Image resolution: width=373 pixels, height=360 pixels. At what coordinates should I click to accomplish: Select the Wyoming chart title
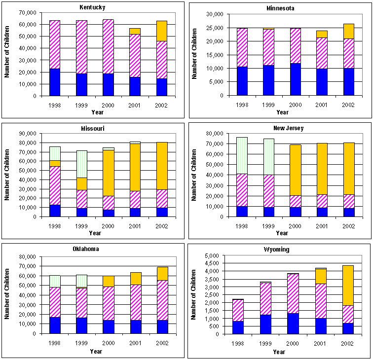(x=279, y=250)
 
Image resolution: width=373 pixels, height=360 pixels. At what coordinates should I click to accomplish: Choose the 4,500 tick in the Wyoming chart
(x=216, y=263)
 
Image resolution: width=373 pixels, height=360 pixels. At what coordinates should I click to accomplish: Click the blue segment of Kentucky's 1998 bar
(x=54, y=82)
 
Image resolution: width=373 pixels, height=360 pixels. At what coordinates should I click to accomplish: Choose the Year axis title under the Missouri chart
(x=97, y=233)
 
